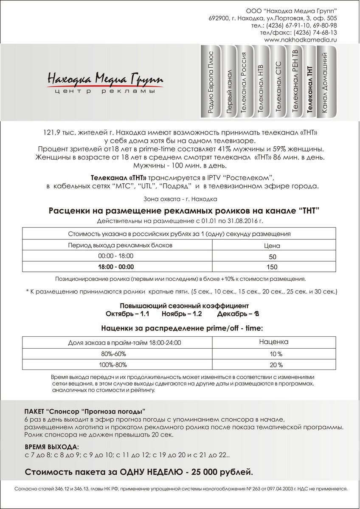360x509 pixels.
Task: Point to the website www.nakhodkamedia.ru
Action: (x=300, y=39)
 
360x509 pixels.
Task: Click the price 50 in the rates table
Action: (x=272, y=257)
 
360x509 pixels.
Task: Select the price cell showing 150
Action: (x=272, y=267)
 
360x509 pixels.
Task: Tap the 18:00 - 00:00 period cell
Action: (x=115, y=267)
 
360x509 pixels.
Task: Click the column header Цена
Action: (x=272, y=246)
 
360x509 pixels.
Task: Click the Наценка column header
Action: (x=274, y=341)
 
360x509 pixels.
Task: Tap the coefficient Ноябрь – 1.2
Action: (x=181, y=314)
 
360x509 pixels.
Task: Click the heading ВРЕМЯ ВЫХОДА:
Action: (x=51, y=447)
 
